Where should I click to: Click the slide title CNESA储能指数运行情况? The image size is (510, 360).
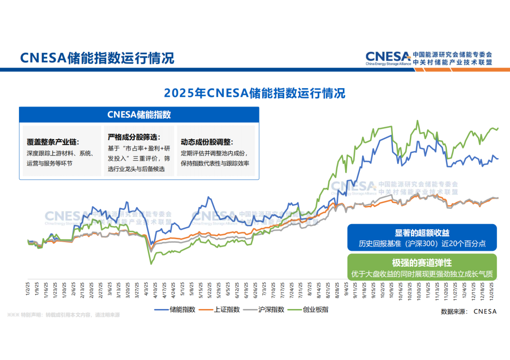pos(97,58)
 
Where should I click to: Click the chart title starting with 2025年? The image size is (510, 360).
pos(255,92)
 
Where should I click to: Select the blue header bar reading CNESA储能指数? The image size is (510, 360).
pos(139,115)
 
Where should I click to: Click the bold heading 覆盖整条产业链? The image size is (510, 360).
pos(53,142)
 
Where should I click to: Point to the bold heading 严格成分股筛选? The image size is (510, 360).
pos(134,137)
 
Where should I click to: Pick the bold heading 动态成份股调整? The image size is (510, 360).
pos(207,142)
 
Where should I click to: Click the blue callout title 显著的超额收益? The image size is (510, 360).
pos(422,233)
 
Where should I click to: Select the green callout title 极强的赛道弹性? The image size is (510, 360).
pos(422,263)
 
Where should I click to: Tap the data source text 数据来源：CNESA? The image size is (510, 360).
pos(468,311)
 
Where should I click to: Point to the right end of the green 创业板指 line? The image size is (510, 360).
pos(498,128)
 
